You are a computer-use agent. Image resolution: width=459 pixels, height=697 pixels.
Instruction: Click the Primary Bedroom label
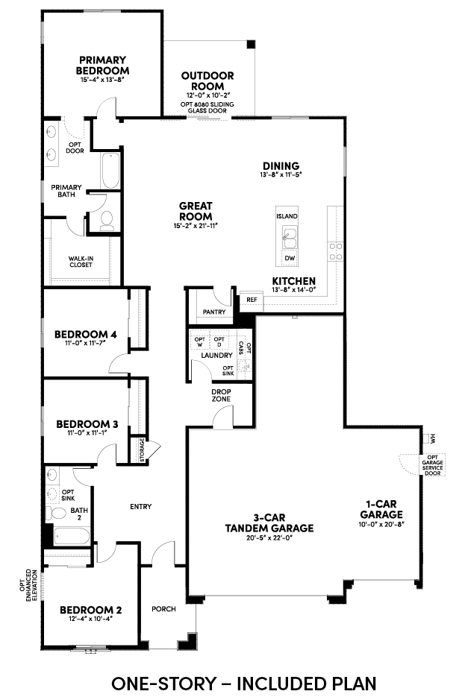[102, 65]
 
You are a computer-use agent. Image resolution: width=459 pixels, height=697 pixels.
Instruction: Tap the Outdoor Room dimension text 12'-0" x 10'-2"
[207, 95]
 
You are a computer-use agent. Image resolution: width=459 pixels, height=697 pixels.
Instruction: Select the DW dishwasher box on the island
[290, 258]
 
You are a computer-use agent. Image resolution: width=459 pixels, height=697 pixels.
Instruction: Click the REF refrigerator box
[252, 300]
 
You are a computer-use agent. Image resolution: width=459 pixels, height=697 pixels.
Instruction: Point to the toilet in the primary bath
[107, 221]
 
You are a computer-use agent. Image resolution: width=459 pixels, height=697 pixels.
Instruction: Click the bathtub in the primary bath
[110, 171]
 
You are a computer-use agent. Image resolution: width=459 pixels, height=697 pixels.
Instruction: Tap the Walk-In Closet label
[81, 262]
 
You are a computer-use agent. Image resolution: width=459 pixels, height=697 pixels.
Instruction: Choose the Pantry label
[214, 312]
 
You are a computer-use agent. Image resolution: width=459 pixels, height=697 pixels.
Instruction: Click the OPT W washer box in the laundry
[200, 342]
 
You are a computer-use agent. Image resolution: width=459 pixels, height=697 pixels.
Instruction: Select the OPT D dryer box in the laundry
[219, 342]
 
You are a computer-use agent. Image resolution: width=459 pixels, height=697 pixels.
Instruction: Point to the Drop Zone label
[221, 395]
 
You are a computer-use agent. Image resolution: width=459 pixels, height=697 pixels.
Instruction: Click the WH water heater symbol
[429, 439]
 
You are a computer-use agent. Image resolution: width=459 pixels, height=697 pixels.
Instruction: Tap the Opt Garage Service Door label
[432, 465]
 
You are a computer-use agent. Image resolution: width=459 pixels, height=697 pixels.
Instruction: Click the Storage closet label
[142, 450]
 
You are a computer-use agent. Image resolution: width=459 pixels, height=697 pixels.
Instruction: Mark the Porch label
[164, 608]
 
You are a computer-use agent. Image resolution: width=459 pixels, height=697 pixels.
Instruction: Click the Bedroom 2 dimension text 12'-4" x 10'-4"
[90, 619]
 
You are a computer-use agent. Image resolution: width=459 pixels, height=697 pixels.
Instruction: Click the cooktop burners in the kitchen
[335, 251]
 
